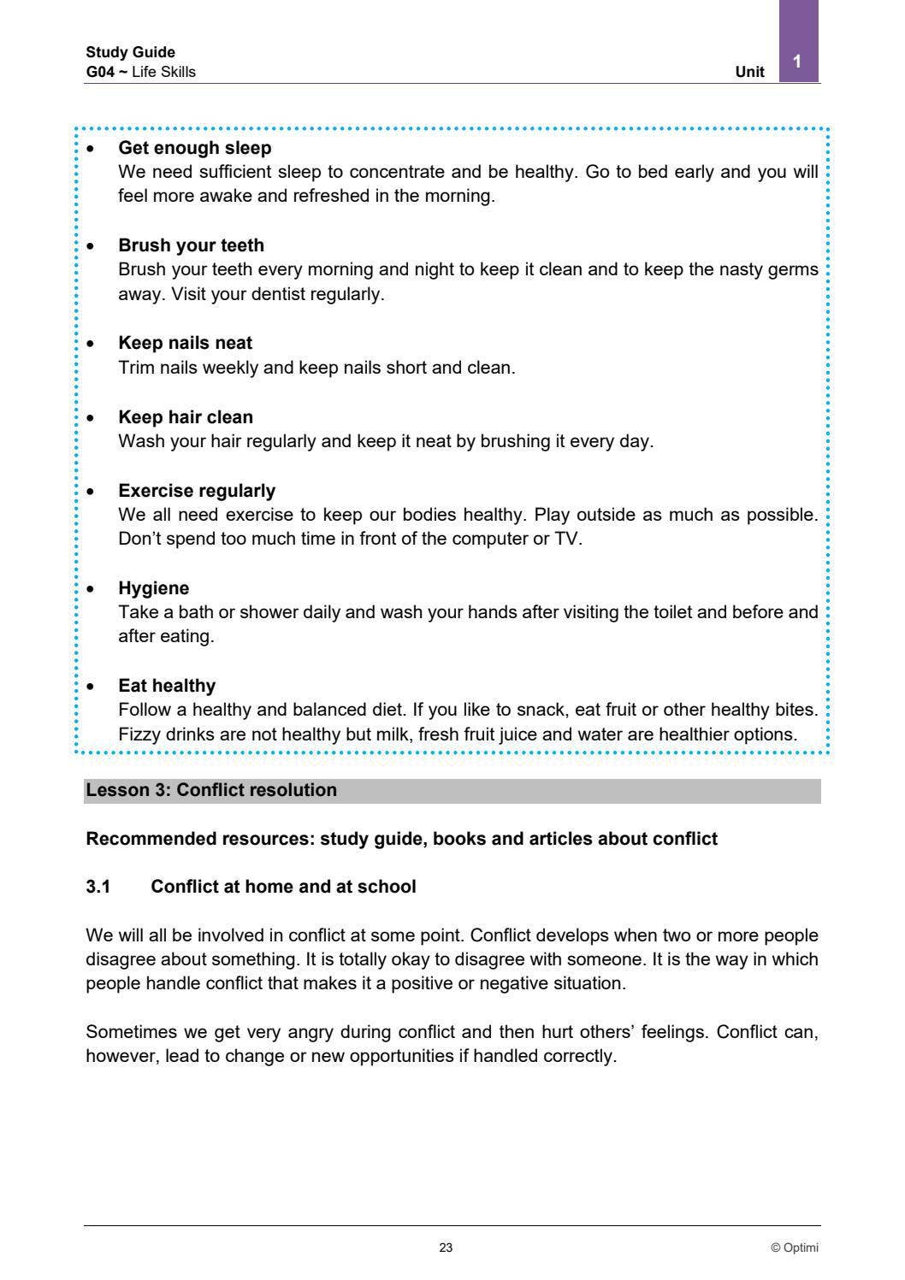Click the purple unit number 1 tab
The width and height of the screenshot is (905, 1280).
798,60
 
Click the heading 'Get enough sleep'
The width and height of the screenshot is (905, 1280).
194,148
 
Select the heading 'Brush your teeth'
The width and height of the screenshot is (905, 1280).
191,245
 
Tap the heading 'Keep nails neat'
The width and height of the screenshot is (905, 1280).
185,343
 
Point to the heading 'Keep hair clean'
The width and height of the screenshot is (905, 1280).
186,417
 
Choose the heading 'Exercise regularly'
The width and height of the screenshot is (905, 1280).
197,491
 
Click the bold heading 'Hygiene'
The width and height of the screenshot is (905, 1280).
154,588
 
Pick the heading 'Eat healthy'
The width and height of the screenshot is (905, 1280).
167,686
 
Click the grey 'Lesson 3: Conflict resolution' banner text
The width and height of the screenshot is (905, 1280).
211,790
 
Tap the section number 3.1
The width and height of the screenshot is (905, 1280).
98,887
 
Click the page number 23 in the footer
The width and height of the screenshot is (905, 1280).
446,1248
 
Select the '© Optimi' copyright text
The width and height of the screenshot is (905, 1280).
794,1248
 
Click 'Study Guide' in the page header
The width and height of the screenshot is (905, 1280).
130,52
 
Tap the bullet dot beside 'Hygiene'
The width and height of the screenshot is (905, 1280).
91,589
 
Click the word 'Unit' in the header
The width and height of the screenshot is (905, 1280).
749,72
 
